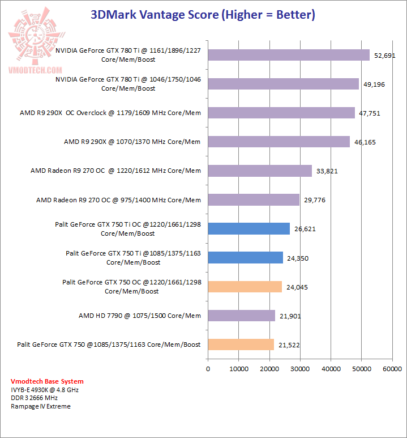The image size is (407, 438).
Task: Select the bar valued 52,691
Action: pyautogui.click(x=289, y=55)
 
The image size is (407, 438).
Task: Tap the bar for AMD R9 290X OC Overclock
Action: pyautogui.click(x=281, y=113)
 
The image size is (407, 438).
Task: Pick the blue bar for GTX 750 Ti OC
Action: pyautogui.click(x=249, y=228)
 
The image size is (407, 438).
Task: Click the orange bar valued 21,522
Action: pyautogui.click(x=241, y=344)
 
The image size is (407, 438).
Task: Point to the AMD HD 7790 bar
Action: pyautogui.click(x=242, y=315)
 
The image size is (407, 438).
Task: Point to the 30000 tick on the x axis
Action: pyautogui.click(x=300, y=368)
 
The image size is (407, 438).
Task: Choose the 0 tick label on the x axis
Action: pyautogui.click(x=208, y=368)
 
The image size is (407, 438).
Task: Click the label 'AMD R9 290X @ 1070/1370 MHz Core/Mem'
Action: pyautogui.click(x=132, y=142)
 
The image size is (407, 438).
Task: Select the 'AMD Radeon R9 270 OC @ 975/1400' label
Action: pyautogui.click(x=118, y=199)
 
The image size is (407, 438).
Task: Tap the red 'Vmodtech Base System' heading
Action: pyautogui.click(x=47, y=381)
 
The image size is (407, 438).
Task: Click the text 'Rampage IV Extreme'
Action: pyautogui.click(x=41, y=406)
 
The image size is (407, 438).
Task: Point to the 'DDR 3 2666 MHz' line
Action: pyautogui.click(x=35, y=398)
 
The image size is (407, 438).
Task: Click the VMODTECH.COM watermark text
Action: pyautogui.click(x=35, y=70)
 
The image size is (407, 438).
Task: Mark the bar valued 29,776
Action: pyautogui.click(x=254, y=199)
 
